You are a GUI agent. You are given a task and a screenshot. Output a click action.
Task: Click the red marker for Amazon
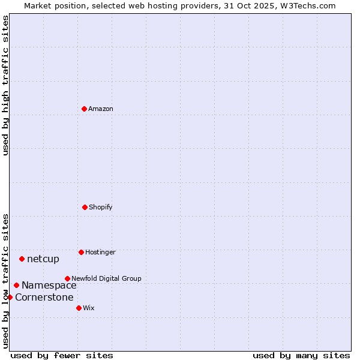(84, 109)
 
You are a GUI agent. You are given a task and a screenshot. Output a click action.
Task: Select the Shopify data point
(85, 207)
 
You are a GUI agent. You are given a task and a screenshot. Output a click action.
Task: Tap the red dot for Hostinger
(81, 252)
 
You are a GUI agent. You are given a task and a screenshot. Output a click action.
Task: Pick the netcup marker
(22, 259)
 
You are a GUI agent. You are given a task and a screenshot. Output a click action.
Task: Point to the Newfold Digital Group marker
(67, 278)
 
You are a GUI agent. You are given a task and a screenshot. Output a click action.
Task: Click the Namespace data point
(16, 285)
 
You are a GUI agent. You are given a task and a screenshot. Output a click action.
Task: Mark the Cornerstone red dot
(10, 297)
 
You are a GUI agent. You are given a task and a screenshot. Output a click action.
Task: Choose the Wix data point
(79, 308)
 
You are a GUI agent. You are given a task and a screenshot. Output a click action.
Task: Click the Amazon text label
(101, 109)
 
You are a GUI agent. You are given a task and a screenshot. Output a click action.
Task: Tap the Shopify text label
(101, 207)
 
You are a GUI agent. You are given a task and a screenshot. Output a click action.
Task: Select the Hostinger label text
(100, 252)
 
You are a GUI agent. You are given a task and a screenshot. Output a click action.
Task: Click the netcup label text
(43, 259)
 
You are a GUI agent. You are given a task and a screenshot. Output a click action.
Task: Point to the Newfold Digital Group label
(106, 278)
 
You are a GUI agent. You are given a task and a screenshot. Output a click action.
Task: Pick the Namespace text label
(49, 286)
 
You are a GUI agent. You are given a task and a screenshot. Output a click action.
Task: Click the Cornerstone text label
(44, 298)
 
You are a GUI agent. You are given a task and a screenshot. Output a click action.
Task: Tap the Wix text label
(89, 308)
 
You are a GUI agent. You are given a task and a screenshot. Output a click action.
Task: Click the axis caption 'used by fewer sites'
(62, 355)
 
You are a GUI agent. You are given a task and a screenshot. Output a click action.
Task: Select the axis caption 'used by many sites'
(301, 355)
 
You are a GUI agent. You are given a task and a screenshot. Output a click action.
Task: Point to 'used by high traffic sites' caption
(5, 86)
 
